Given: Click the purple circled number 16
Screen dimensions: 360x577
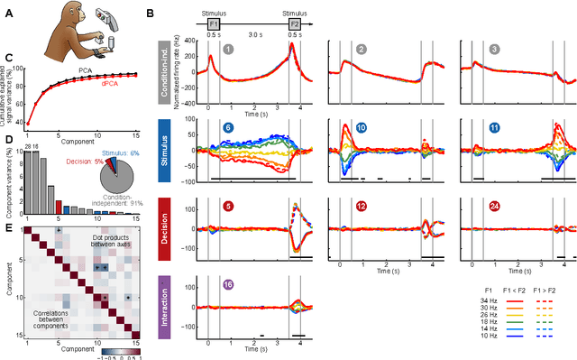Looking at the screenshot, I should (230, 283).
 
